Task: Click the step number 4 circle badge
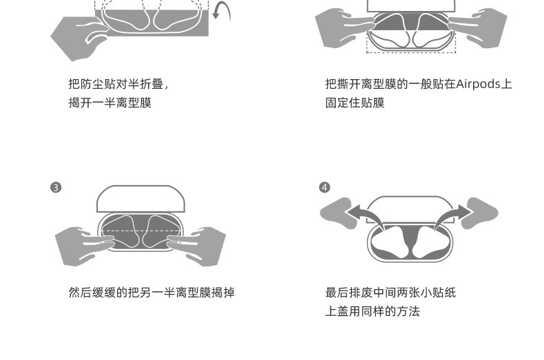tap(325, 187)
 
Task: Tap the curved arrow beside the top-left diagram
tap(222, 12)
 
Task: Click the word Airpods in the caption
tap(480, 84)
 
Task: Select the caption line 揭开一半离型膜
tap(110, 103)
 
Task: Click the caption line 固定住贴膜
tap(355, 103)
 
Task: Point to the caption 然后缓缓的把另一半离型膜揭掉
tap(151, 293)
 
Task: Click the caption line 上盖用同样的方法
tap(373, 311)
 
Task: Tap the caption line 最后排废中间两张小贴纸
tap(390, 293)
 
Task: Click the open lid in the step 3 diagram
tap(141, 198)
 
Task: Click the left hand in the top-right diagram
tap(342, 28)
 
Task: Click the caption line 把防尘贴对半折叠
tap(118, 84)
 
